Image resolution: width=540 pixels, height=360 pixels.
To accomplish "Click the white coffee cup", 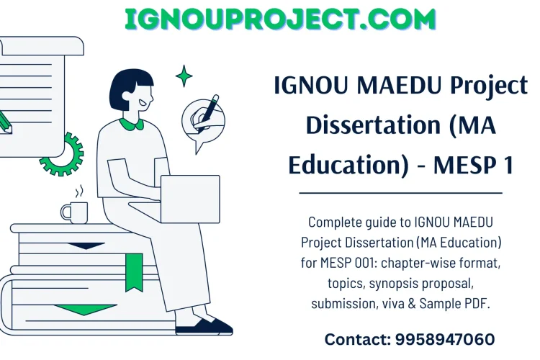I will point(75,212).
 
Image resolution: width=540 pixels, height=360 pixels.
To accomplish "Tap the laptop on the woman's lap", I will point(189,199).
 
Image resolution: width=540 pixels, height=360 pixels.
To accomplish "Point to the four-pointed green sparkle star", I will point(184,76).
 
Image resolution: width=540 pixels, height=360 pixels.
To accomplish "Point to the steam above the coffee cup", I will point(80,191).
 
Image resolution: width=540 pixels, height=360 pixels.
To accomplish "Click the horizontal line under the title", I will point(400,193).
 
